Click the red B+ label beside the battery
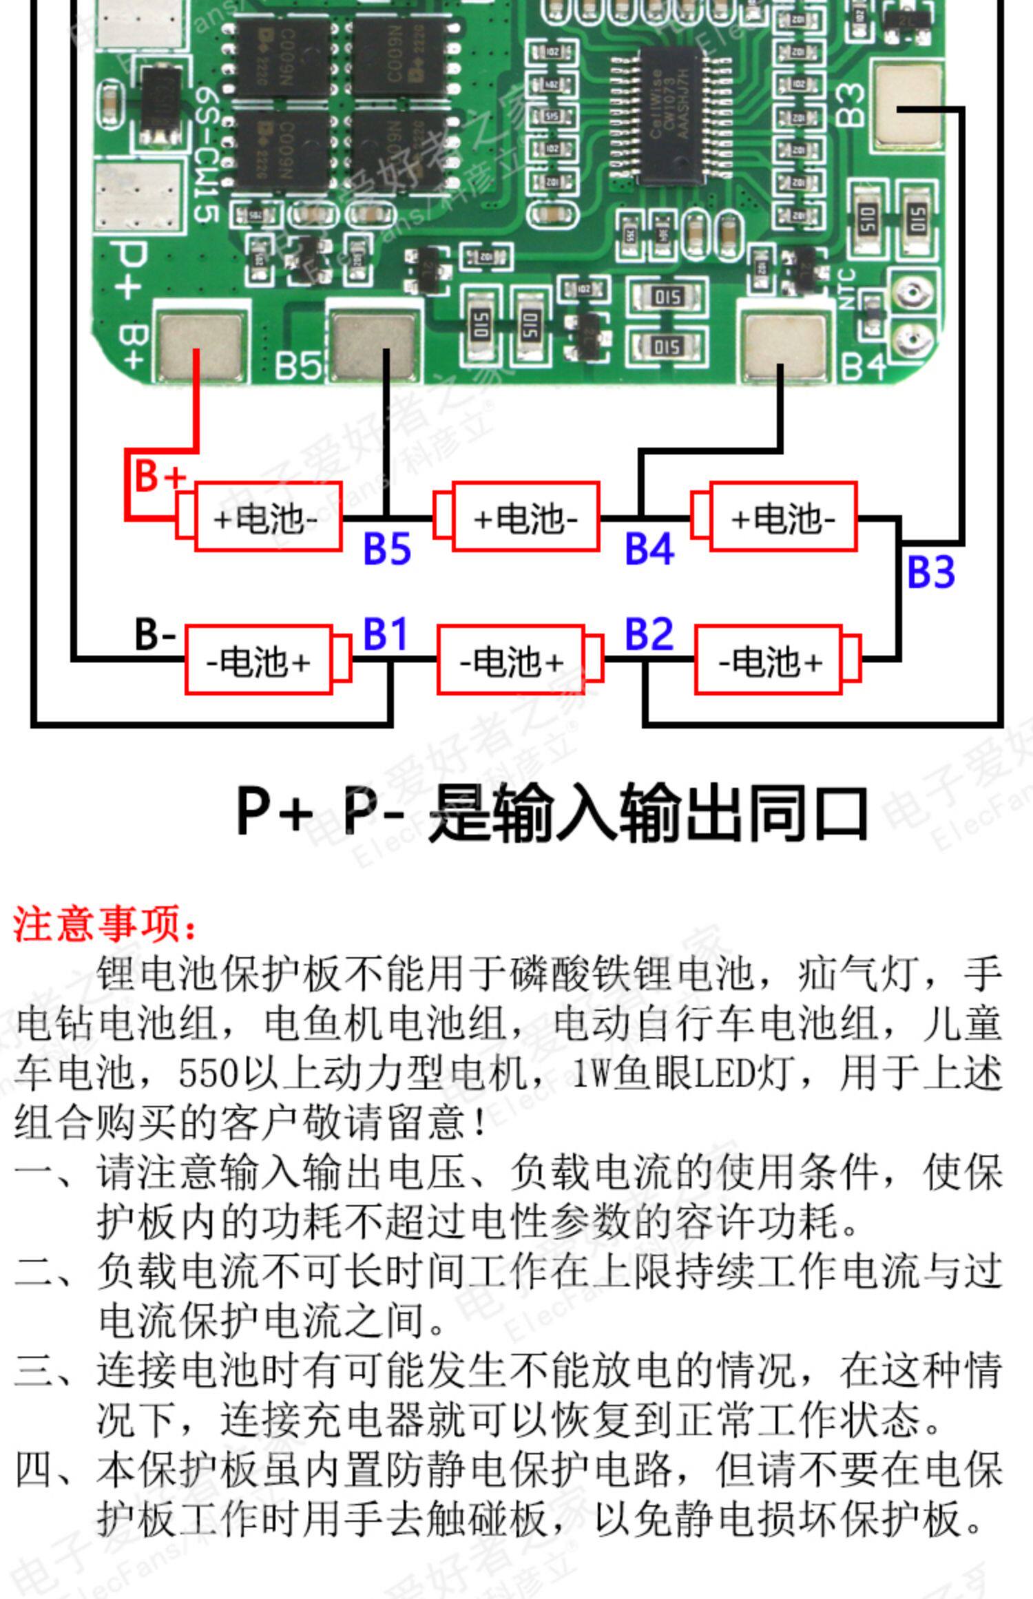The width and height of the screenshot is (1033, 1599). coord(159,474)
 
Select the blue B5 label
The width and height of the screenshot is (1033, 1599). coord(386,549)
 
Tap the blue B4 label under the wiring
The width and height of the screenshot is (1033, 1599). coord(649,549)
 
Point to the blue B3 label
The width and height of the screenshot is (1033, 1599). coord(931,572)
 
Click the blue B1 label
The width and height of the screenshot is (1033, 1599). coord(385,634)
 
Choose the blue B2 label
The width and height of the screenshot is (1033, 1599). coord(649,634)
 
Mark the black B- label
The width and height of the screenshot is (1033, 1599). coord(155,634)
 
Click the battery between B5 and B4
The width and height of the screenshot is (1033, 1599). coord(525,517)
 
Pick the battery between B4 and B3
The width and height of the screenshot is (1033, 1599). coord(782,517)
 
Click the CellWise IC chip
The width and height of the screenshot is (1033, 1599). coord(671,117)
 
